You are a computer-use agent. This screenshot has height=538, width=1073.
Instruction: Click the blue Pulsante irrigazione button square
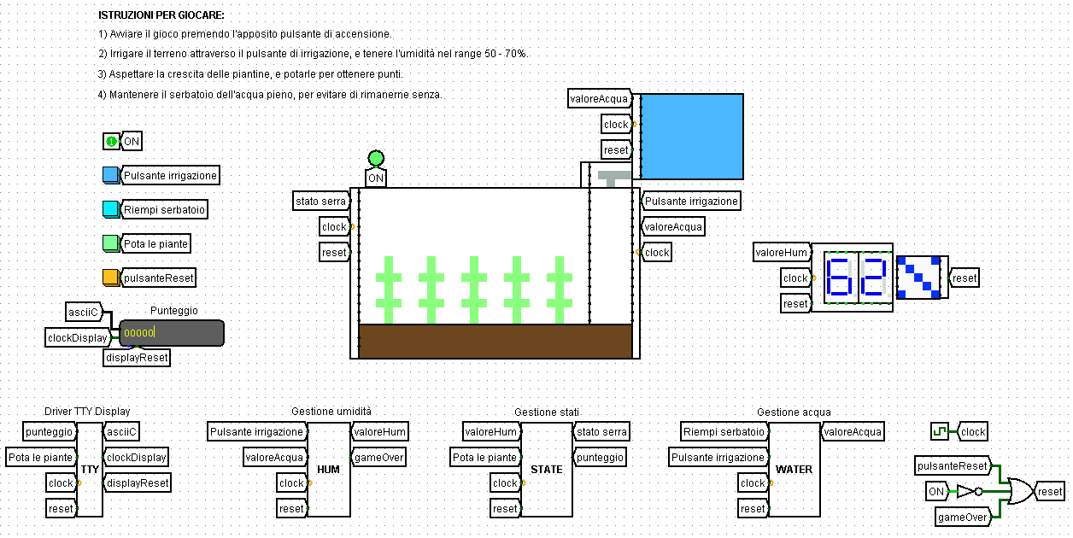[110, 175]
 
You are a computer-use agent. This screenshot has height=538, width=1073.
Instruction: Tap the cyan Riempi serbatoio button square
[110, 209]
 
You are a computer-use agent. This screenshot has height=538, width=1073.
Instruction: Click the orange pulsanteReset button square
[110, 278]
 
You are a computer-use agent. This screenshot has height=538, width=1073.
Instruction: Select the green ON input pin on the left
[111, 141]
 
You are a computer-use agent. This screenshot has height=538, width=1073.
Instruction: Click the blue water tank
[692, 136]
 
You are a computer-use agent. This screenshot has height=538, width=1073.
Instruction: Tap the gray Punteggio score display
[172, 333]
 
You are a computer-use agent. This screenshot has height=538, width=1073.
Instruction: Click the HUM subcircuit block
[329, 470]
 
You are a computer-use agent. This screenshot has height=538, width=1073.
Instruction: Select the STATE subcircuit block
[547, 470]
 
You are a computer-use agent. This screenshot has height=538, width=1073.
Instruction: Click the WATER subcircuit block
[794, 470]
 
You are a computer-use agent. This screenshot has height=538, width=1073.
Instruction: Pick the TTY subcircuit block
[90, 470]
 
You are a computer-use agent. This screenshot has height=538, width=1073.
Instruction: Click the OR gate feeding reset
[1019, 491]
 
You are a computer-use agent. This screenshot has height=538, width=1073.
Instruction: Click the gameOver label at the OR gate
[963, 517]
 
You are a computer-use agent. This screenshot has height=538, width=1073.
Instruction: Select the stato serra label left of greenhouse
[320, 202]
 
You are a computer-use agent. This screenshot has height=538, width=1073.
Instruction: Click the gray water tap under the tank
[613, 178]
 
